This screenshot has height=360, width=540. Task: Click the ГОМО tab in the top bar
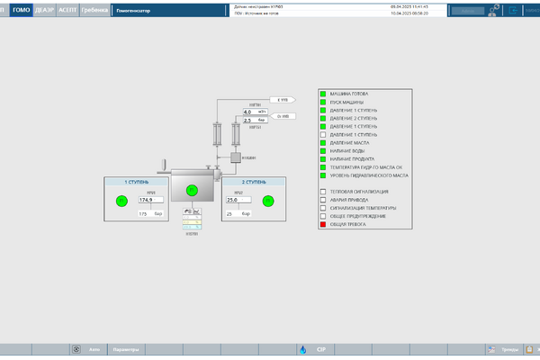(21, 10)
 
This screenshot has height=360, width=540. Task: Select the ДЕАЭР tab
(45, 10)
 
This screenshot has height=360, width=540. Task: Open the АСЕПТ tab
(67, 10)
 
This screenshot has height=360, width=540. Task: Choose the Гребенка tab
(94, 10)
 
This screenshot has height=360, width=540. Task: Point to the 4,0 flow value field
(247, 112)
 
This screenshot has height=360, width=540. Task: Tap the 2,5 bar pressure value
(247, 119)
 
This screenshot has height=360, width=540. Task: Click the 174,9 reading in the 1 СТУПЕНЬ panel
(145, 201)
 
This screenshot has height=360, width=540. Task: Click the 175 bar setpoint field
(144, 214)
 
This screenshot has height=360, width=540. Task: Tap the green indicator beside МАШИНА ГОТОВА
(323, 94)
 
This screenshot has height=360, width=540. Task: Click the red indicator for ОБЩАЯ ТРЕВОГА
(323, 224)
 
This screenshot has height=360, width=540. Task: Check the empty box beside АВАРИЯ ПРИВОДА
(323, 200)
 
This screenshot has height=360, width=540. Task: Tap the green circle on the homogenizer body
(191, 190)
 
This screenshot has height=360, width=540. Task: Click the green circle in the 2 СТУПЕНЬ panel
(267, 202)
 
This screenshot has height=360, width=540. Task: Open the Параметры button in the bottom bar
(127, 349)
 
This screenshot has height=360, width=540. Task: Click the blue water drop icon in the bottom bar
(302, 349)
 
